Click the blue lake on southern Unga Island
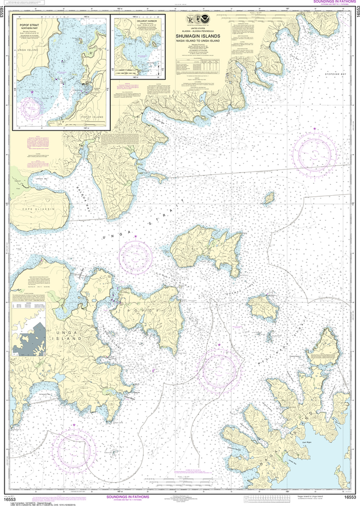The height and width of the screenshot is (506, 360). pyautogui.click(x=60, y=378)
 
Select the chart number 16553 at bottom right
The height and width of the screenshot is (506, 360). pyautogui.click(x=350, y=498)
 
